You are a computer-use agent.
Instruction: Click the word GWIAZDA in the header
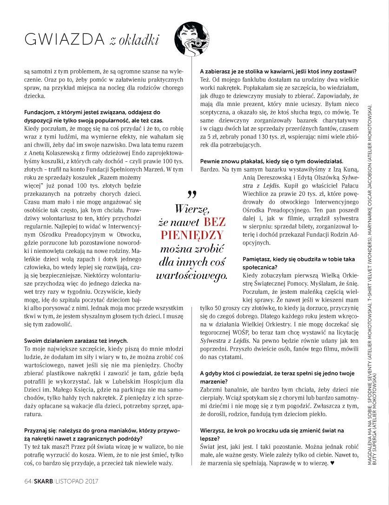pos(64,40)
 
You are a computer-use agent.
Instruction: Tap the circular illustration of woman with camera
pos(191,40)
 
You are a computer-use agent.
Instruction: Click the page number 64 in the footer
pos(27,480)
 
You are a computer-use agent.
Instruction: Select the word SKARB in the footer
pos(43,480)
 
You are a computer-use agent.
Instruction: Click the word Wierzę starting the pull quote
pos(191,209)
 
